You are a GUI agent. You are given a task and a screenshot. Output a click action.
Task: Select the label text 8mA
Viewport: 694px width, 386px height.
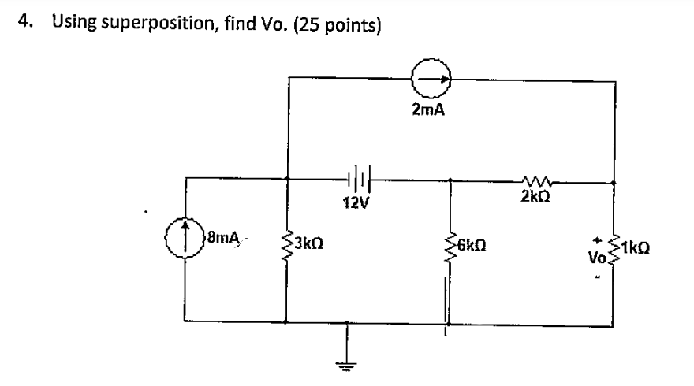click(222, 236)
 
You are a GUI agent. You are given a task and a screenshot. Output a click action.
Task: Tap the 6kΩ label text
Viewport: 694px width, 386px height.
click(475, 243)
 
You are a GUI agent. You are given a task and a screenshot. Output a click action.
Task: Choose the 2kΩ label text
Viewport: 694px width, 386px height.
click(536, 197)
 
